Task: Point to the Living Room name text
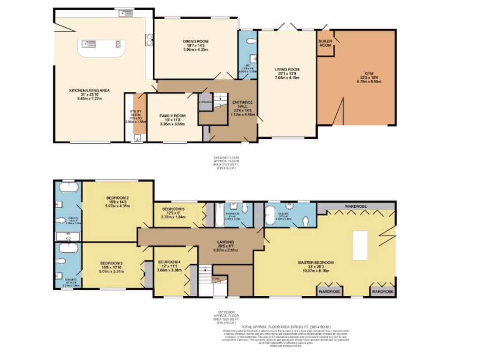coord(287,69)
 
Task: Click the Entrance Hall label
coord(244,105)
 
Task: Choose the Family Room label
coord(173,116)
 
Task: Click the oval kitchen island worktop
coord(101,47)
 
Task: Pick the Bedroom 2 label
coord(118,198)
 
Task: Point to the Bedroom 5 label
coord(173,209)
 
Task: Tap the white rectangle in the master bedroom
coord(360,245)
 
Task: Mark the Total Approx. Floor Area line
coord(286,327)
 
